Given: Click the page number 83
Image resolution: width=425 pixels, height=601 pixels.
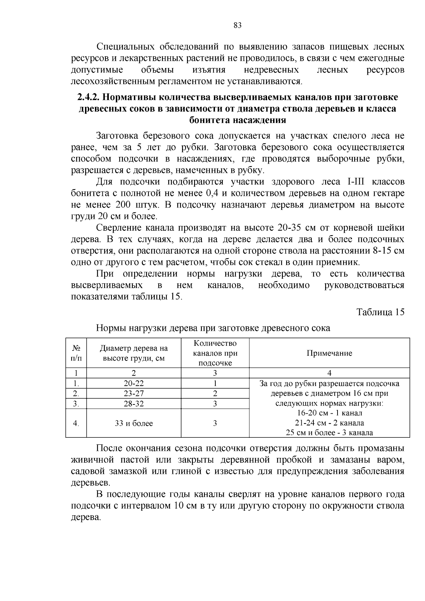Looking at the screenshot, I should click(x=238, y=25).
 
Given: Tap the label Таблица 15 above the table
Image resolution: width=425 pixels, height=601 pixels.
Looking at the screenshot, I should click(x=380, y=312).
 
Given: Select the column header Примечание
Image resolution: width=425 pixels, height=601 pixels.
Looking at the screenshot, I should click(x=329, y=353).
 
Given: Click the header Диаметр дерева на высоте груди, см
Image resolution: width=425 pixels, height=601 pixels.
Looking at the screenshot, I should click(x=134, y=353).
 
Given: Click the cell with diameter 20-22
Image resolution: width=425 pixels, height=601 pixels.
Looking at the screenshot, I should click(x=134, y=384).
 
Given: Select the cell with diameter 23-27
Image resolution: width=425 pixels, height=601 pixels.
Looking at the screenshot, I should click(x=134, y=393).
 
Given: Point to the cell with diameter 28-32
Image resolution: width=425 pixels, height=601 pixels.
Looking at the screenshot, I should click(x=134, y=404).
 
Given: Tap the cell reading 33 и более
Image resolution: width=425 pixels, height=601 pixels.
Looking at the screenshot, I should click(x=134, y=424).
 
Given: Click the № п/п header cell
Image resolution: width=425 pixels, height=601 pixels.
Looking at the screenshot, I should click(x=76, y=353).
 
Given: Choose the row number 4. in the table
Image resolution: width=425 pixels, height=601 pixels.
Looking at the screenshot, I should click(x=76, y=424).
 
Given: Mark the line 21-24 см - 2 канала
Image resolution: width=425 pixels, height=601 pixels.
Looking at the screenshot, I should click(x=329, y=423).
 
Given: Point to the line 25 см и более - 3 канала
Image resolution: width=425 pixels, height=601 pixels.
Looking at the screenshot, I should click(x=329, y=433).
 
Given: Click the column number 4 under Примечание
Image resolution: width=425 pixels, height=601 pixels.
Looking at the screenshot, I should click(x=329, y=373).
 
